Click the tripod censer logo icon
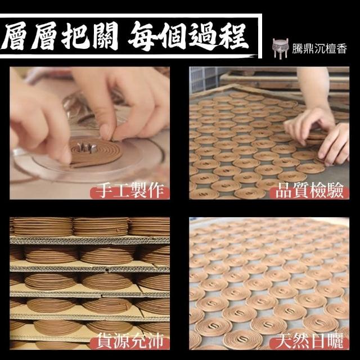280,48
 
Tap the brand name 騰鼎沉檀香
319,49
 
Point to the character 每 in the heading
143,36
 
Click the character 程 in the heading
234,35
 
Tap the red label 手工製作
130,191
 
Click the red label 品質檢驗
309,191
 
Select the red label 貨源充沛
130,341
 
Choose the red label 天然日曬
309,341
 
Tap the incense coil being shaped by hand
96,151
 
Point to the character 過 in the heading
202,37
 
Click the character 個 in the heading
173,37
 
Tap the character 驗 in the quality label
335,191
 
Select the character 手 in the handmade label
104,191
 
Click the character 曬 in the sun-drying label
335,341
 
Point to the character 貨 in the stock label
104,341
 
